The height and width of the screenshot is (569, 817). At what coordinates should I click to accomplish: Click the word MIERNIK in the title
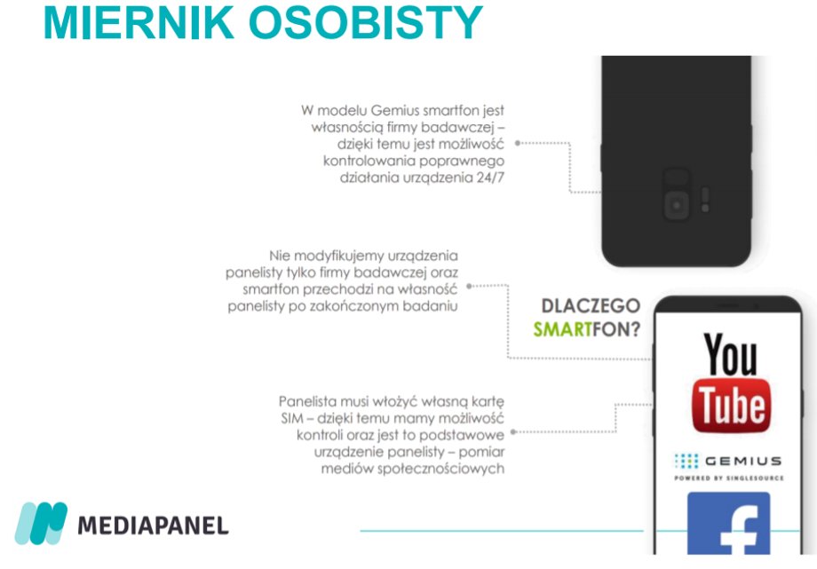click(x=139, y=22)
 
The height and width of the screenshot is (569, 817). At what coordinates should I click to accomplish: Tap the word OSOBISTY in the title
click(x=366, y=22)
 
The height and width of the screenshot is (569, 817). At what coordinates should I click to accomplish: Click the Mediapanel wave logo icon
click(x=41, y=523)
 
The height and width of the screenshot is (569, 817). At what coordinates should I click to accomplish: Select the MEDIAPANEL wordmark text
click(x=153, y=526)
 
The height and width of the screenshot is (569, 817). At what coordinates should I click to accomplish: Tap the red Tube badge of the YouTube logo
click(x=731, y=406)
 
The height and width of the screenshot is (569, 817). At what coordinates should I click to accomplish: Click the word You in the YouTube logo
click(x=731, y=355)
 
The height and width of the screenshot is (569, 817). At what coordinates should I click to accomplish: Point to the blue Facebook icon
click(x=728, y=523)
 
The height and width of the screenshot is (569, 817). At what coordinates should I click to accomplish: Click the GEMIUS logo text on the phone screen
click(x=743, y=461)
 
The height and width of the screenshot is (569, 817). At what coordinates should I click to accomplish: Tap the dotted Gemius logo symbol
click(x=686, y=461)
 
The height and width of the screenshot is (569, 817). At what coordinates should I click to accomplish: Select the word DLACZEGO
click(x=591, y=306)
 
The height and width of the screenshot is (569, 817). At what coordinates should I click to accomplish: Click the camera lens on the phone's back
click(x=677, y=205)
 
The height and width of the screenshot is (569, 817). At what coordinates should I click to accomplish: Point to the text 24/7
click(x=490, y=178)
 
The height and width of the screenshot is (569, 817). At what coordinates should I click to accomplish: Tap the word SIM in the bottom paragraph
click(x=292, y=418)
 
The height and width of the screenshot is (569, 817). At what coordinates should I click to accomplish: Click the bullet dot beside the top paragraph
click(x=518, y=143)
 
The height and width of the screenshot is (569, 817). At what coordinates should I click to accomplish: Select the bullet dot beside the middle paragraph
click(x=469, y=286)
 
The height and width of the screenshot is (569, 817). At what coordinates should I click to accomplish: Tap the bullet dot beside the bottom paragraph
click(x=513, y=431)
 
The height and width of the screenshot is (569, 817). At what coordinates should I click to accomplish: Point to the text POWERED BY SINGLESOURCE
click(x=729, y=478)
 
